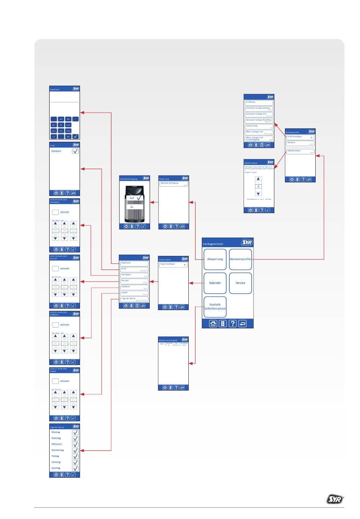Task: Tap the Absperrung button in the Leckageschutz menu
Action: click(x=215, y=259)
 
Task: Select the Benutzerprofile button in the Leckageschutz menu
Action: click(x=240, y=259)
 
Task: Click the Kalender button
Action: click(x=215, y=283)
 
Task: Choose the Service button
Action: click(x=240, y=283)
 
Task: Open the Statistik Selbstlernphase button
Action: click(x=215, y=306)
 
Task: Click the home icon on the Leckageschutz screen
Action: click(x=213, y=323)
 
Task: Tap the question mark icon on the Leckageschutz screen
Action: click(x=233, y=323)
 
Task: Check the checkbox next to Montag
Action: click(x=75, y=433)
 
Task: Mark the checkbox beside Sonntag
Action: click(x=75, y=468)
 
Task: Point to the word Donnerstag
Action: click(x=58, y=450)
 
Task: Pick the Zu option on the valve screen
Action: click(x=132, y=207)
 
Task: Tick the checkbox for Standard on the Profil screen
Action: click(x=75, y=151)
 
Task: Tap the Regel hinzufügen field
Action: click(x=173, y=265)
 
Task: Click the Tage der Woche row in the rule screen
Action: click(x=134, y=299)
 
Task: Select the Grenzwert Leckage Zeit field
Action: click(x=259, y=114)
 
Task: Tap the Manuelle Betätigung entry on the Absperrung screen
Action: click(x=173, y=183)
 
